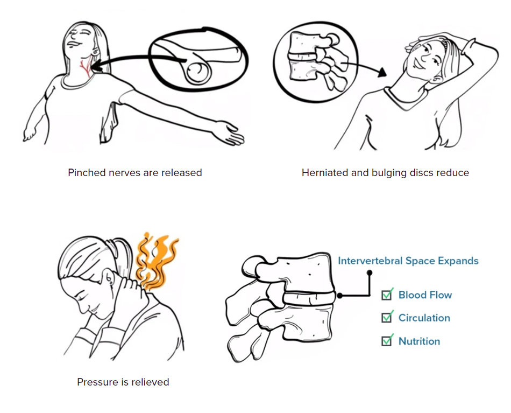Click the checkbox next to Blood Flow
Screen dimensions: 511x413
387,295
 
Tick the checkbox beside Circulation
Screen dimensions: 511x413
387,317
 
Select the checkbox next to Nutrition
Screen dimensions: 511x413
387,341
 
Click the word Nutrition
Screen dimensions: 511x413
419,341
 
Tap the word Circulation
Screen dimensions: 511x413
424,318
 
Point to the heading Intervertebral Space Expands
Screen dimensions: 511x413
408,261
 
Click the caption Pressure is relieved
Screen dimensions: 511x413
123,382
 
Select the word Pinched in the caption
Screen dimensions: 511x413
87,172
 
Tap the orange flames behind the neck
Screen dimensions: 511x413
156,261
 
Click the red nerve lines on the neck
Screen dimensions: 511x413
86,67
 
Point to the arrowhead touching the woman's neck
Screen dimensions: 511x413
95,65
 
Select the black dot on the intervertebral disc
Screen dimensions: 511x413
339,296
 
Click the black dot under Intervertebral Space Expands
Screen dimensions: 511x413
369,272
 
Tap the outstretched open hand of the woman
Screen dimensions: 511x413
230,134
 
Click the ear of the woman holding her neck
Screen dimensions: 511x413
109,277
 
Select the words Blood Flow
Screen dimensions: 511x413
425,295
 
